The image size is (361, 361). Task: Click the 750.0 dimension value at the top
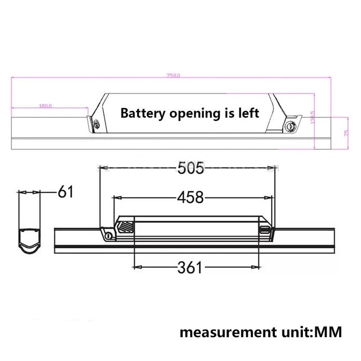click(173, 76)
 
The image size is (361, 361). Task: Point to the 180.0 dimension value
click(45, 106)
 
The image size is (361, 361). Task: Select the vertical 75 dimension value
click(345, 132)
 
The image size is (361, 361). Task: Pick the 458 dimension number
click(190, 197)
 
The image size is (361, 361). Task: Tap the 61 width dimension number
click(65, 192)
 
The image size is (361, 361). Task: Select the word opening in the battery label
click(191, 113)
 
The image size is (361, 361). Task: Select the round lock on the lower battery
click(108, 236)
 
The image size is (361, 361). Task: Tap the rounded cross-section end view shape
click(31, 237)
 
